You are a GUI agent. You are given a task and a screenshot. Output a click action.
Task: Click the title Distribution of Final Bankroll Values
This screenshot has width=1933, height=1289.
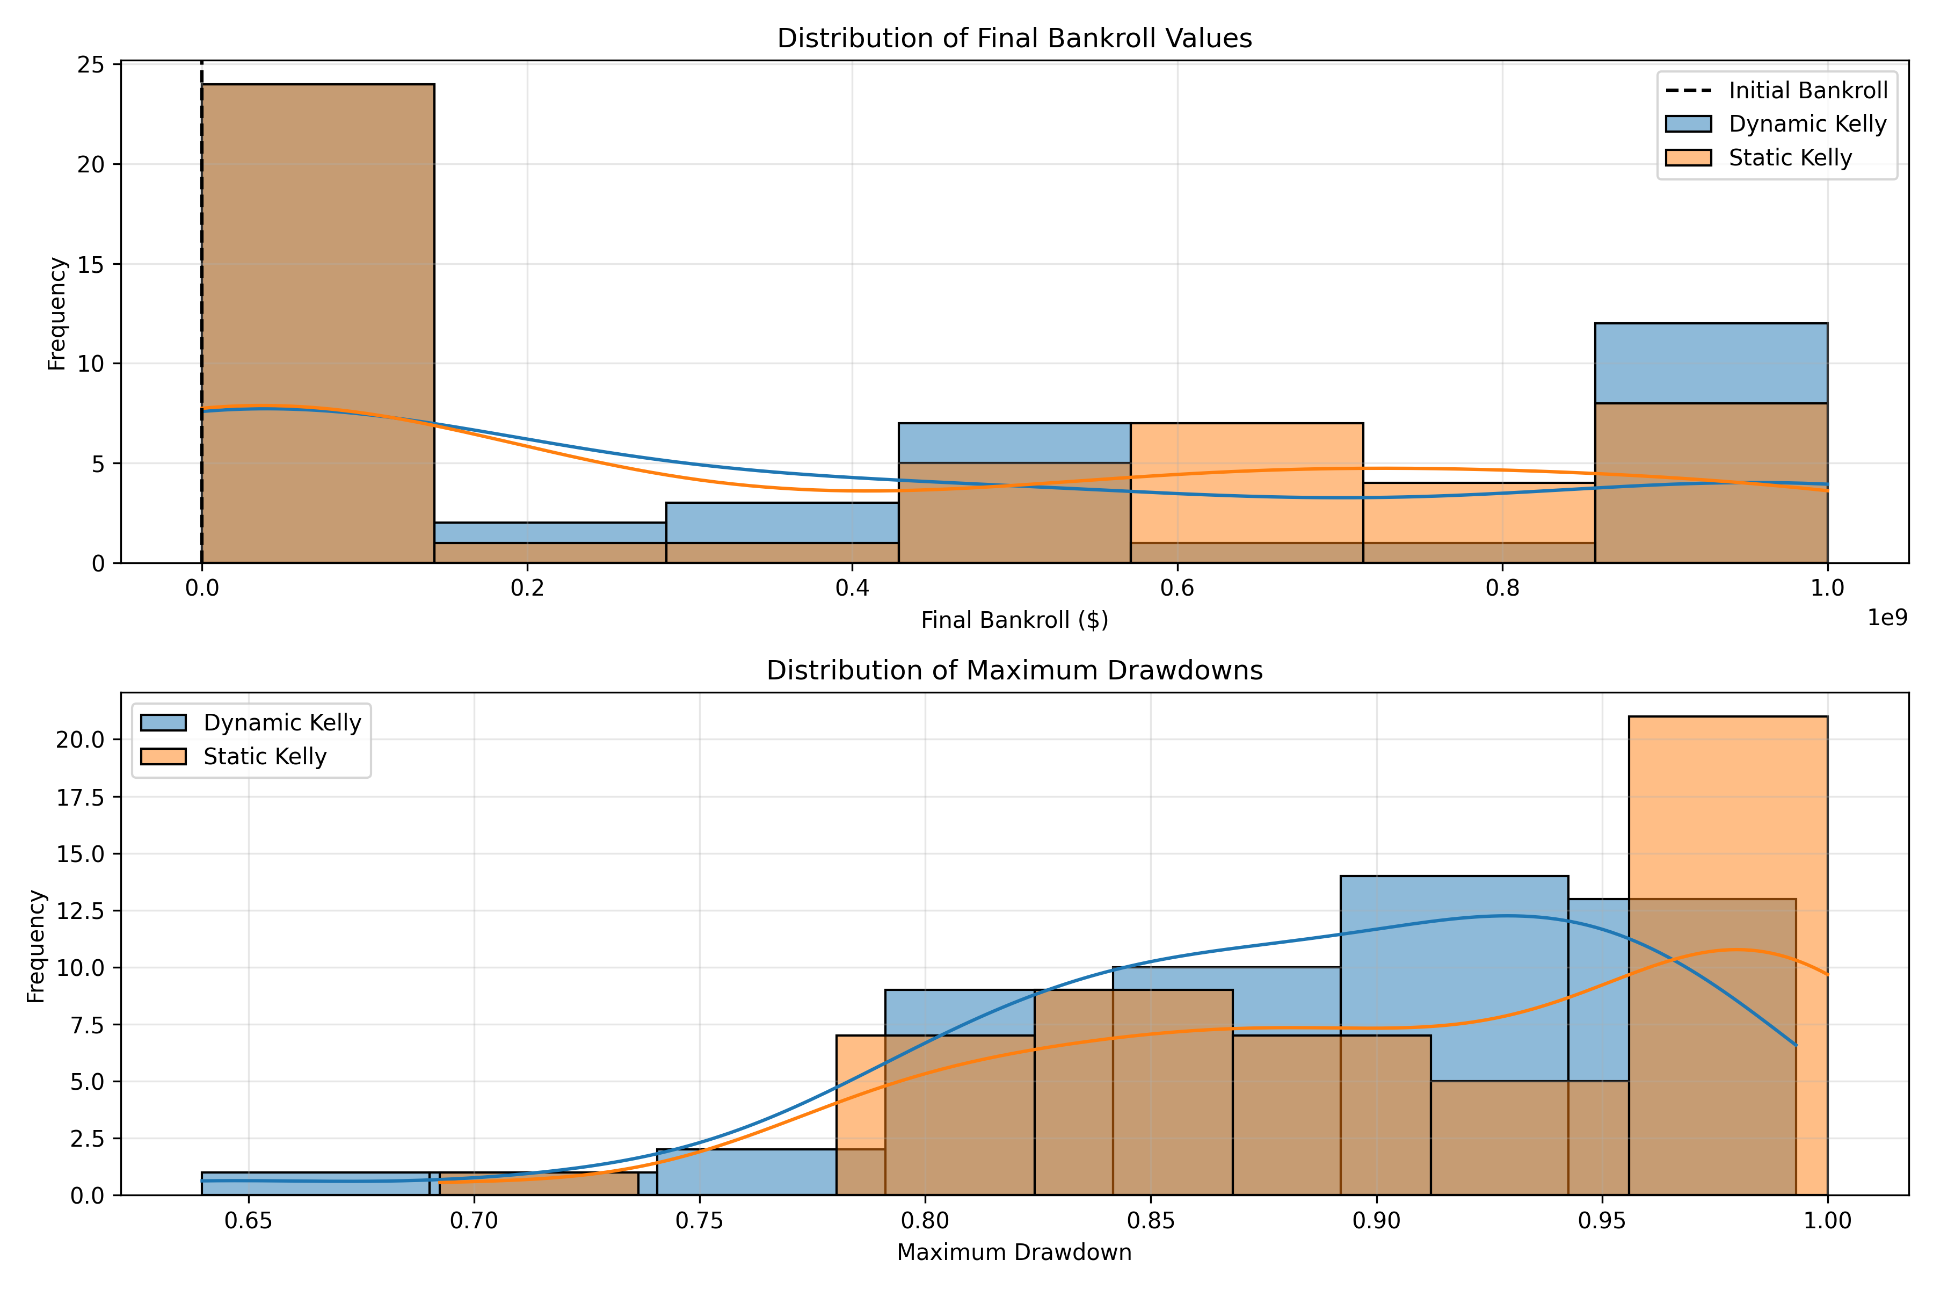tap(1014, 39)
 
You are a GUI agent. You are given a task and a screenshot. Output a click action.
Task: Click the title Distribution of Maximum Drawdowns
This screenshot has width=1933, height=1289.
tap(1014, 671)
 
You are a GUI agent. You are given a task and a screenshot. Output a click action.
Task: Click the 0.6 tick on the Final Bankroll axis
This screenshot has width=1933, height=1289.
tap(1177, 589)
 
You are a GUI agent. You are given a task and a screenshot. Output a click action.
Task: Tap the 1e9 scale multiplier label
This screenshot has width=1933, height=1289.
tap(1887, 618)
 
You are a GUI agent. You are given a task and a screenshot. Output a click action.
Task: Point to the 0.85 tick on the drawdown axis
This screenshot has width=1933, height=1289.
tap(1151, 1221)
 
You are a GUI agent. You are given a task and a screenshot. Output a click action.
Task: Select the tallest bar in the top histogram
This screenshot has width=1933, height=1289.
tap(318, 321)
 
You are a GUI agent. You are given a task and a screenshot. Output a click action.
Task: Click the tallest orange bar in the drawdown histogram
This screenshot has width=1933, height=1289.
tap(1727, 954)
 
